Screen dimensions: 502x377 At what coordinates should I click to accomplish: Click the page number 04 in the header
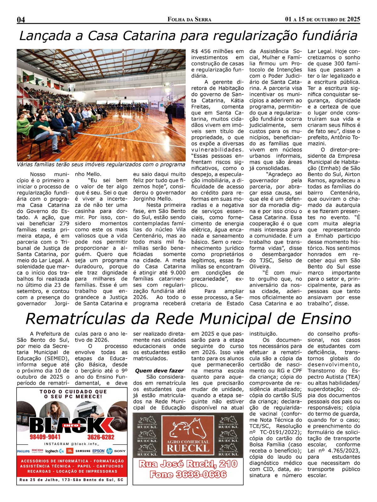coord(21,19)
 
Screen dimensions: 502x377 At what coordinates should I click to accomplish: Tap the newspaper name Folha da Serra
coord(189,19)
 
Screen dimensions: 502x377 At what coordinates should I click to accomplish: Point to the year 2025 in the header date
coord(353,19)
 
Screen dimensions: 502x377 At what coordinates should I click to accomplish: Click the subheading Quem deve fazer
coord(159,371)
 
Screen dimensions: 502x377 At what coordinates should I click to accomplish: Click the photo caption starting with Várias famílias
coord(101,164)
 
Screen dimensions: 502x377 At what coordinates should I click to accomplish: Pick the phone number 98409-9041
coord(45,437)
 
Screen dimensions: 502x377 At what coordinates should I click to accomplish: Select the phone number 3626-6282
coord(101,437)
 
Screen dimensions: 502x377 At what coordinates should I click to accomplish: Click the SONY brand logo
coord(120,451)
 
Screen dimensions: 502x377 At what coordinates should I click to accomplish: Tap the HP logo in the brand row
coord(109,451)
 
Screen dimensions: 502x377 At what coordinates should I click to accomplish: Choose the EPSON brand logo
coord(98,451)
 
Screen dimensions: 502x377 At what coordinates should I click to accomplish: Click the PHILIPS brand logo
coord(23,451)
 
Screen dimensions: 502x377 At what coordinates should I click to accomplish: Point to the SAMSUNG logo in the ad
coord(83,451)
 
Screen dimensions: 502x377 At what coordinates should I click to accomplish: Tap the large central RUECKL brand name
coord(188,448)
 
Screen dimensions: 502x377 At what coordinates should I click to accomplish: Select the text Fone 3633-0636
coord(188,474)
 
